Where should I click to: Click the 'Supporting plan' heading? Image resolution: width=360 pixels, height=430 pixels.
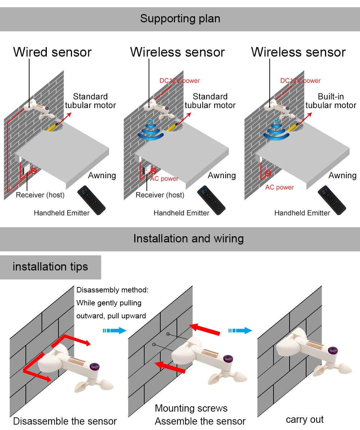(x=180, y=19)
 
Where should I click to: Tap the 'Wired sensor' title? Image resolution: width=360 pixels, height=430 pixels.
(x=52, y=52)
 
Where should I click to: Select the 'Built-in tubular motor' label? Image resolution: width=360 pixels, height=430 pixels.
(x=330, y=101)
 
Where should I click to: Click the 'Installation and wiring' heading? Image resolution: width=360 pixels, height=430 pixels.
(x=188, y=239)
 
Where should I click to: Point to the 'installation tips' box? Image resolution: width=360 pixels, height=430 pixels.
(x=50, y=267)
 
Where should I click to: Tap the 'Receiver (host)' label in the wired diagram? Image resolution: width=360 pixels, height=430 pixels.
(x=40, y=195)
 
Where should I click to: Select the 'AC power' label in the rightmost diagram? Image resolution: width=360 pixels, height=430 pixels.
(x=279, y=187)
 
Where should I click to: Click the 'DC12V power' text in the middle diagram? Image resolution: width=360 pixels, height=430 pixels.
(x=180, y=81)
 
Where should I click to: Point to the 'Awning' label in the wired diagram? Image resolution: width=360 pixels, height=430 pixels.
(x=102, y=176)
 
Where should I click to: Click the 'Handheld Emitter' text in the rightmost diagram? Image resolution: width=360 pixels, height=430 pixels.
(x=302, y=213)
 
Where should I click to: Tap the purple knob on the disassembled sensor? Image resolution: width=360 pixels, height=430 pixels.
(x=94, y=367)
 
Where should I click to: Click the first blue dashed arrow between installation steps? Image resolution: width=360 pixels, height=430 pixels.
(x=114, y=331)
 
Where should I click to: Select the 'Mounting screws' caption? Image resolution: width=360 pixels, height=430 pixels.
(x=191, y=408)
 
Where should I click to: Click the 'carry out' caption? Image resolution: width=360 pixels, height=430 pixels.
(x=305, y=420)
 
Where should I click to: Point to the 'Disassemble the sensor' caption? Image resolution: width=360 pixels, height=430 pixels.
(x=65, y=421)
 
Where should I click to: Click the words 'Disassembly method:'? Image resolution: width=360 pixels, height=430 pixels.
(x=112, y=290)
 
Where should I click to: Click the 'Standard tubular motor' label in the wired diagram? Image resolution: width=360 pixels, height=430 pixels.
(x=90, y=101)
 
